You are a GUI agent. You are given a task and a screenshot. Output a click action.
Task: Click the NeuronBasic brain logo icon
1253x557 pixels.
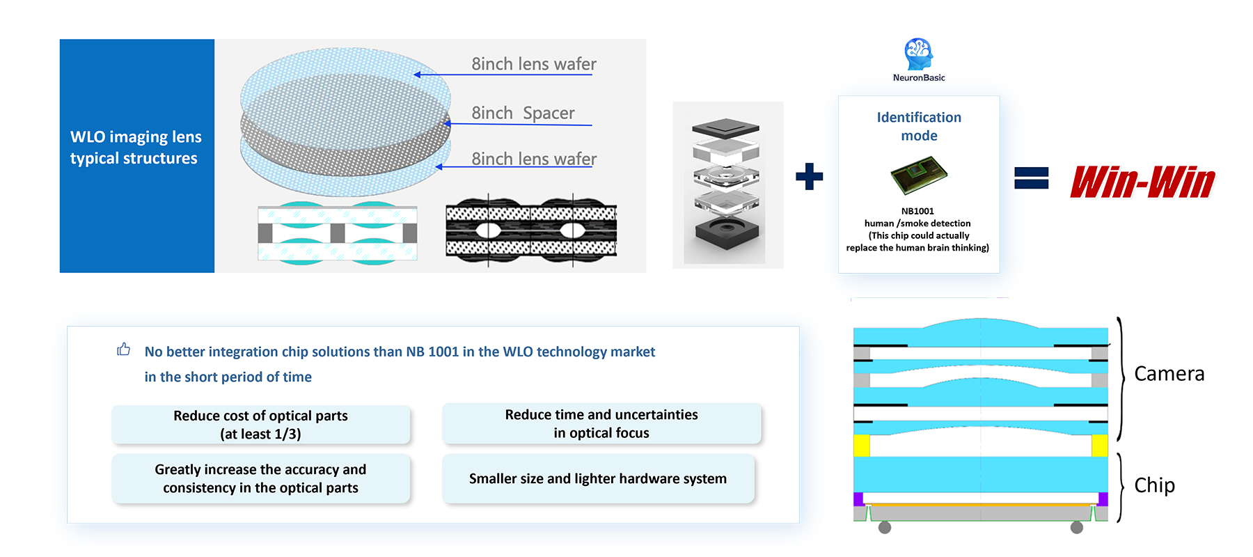918,54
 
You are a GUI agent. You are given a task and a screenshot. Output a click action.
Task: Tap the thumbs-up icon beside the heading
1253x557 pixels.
124,349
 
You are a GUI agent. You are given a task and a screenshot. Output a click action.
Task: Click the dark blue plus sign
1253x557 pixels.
809,176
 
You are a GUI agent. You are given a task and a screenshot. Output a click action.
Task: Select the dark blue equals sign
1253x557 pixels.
1031,178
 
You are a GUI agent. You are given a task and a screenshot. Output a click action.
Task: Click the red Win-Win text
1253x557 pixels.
1142,182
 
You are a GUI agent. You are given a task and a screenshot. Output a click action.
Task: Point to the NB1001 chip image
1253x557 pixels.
919,175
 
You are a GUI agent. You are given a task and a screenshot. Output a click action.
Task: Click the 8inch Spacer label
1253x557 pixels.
523,113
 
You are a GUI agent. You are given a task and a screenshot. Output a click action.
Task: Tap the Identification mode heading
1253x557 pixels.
919,126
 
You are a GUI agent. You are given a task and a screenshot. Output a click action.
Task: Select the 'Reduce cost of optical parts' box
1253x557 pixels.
261,425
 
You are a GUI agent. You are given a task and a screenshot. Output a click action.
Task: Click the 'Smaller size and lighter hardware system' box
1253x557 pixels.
598,478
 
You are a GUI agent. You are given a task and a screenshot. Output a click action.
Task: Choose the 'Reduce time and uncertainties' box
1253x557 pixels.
601,423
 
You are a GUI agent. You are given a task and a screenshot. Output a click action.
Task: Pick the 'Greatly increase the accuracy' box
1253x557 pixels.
261,478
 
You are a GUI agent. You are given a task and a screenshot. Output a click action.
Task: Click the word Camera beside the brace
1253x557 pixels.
1169,374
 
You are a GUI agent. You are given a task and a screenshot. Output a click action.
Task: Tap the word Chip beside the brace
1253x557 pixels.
1154,485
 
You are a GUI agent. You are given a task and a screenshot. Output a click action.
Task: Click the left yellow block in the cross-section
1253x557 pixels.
862,446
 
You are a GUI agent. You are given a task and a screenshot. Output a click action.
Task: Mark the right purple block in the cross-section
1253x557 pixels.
1103,499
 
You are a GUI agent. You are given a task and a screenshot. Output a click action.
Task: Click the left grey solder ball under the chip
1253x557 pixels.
885,527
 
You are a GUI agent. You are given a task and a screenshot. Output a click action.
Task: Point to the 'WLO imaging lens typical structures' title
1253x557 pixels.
136,148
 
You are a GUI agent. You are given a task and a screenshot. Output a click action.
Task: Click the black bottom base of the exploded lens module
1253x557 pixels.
725,237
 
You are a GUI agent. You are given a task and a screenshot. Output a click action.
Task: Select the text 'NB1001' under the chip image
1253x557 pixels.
917,211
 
